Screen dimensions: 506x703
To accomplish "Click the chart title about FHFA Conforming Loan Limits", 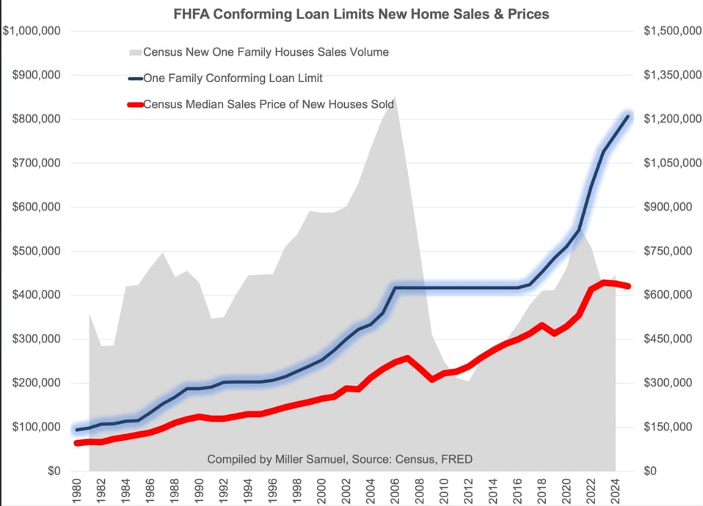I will [351, 14].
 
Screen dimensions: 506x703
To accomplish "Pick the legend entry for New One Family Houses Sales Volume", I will [266, 52].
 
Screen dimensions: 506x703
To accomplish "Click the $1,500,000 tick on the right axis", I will [670, 32].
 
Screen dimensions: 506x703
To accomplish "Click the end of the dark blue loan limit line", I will [628, 116].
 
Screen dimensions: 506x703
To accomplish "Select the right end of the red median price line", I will [628, 286].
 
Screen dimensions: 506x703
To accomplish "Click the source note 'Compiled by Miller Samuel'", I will [340, 460].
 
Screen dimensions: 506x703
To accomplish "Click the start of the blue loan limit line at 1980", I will [78, 430].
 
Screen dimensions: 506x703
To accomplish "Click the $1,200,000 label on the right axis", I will [670, 120].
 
